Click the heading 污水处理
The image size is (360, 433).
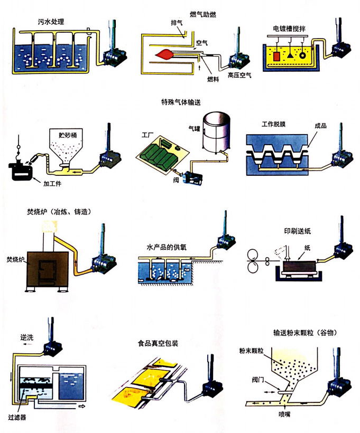51,22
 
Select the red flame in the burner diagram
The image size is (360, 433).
165,53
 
